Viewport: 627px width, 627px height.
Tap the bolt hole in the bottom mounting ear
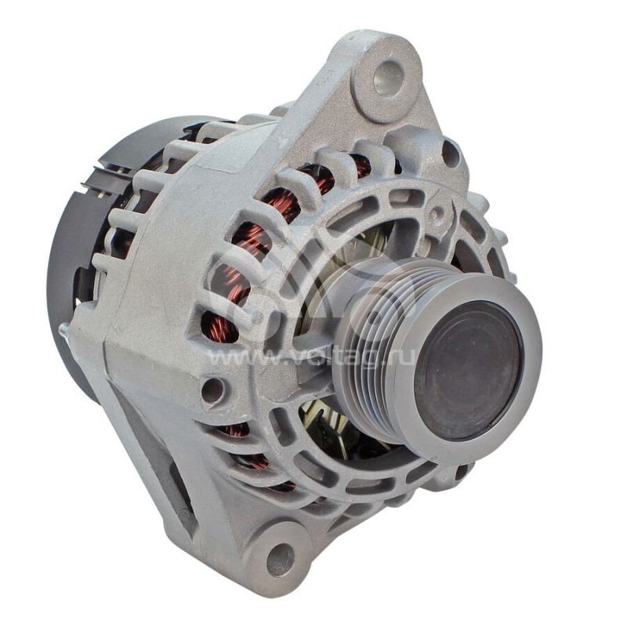[x=281, y=556]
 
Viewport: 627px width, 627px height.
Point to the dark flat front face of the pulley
[x=469, y=371]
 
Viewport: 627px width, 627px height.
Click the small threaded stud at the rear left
[x=64, y=332]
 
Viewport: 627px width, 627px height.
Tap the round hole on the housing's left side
[x=213, y=389]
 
